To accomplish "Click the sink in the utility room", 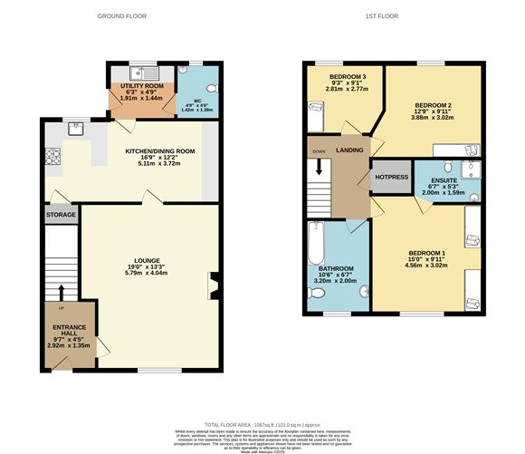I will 144,72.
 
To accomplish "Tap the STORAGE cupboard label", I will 62,216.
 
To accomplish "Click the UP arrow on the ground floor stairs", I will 62,292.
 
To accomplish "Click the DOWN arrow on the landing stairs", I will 319,168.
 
